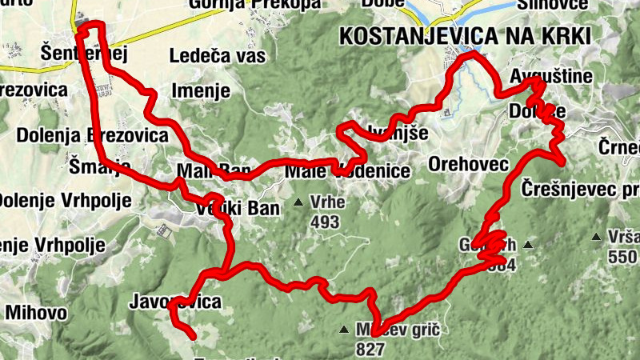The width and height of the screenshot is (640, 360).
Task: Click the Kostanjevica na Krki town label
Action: (465, 36)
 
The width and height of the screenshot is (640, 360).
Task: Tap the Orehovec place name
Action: (469, 164)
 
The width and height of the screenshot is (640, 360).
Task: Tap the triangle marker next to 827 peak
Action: (344, 329)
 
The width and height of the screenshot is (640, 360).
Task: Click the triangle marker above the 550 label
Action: (596, 236)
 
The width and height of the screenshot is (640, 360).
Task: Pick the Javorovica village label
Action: (174, 302)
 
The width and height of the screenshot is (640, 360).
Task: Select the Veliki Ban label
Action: (238, 210)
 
